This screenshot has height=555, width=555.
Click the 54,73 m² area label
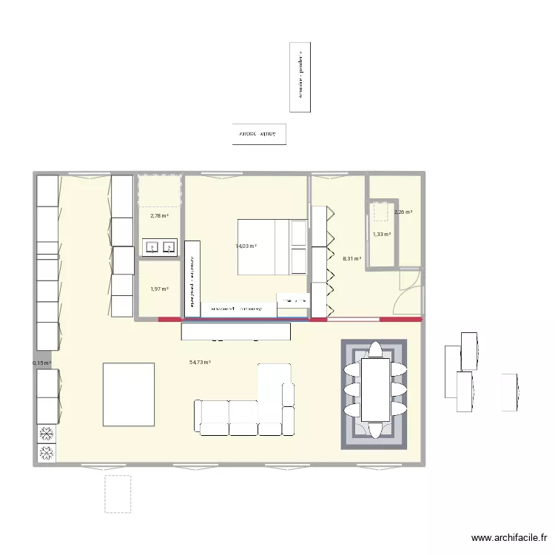point(200,363)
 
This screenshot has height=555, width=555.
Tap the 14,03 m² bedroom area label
point(246,246)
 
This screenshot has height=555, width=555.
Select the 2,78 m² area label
point(159,216)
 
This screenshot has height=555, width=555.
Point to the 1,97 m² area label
point(159,289)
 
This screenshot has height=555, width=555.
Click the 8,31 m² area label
point(352,259)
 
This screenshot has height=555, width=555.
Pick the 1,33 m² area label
point(382,235)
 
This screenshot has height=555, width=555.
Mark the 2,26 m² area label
point(403,212)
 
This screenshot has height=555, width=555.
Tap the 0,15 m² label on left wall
point(42,363)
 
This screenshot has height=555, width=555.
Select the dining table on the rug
point(374,388)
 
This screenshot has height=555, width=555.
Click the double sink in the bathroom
point(159,246)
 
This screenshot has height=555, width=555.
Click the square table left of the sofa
point(129,394)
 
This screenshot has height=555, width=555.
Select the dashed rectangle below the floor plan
point(118,494)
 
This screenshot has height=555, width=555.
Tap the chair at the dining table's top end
point(374,349)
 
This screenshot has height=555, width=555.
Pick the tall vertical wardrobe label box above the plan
point(300,77)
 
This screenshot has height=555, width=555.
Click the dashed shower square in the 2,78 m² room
point(159,191)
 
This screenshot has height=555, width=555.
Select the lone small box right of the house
point(508,391)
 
